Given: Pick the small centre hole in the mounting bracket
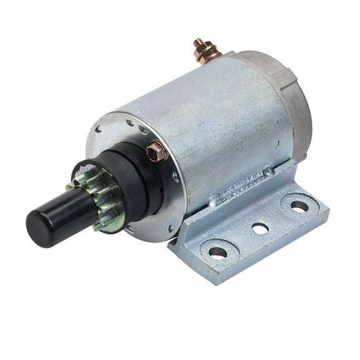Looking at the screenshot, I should pos(260,229).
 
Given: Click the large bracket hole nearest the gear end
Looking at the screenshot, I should pos(217,252).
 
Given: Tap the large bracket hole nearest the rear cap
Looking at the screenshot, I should pos(299,206).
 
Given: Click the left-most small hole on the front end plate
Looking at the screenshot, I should pos(98,130).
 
